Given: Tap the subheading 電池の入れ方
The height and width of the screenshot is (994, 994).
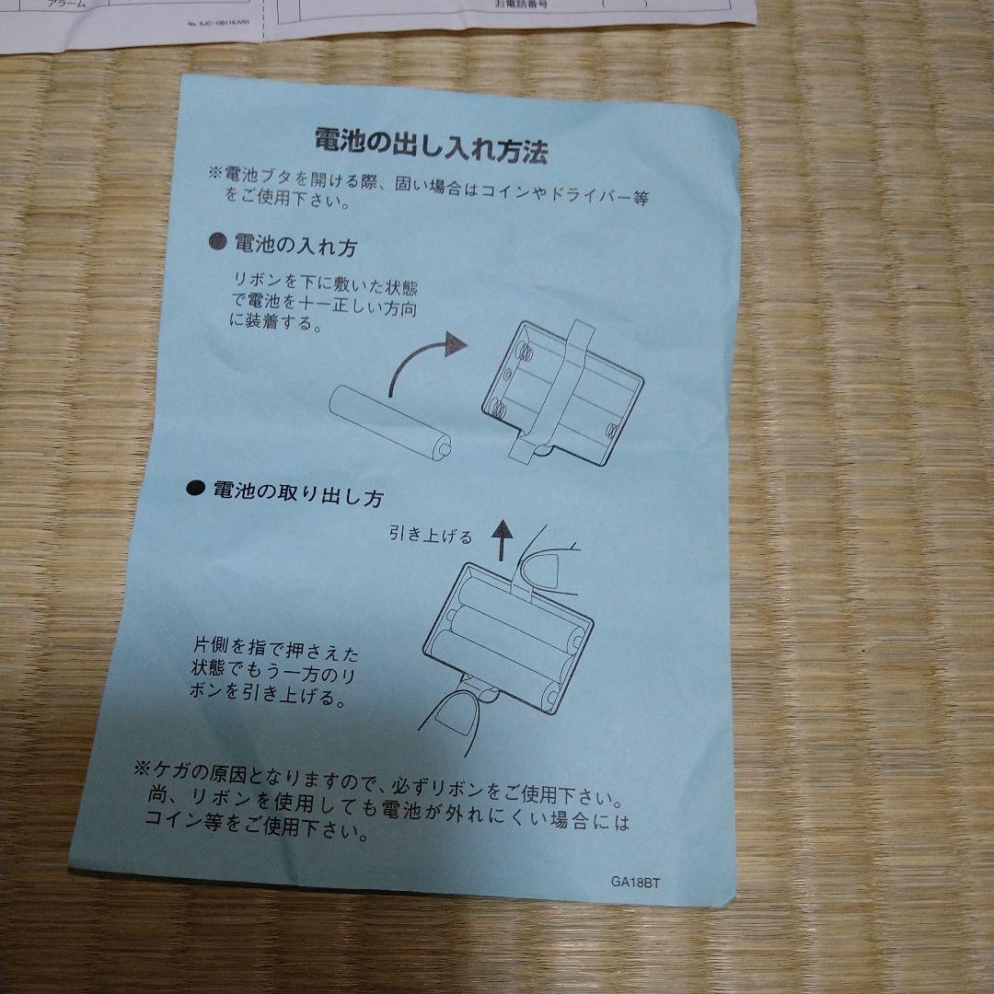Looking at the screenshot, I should [x=295, y=245].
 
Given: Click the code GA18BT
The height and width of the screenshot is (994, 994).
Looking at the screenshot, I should [x=636, y=880].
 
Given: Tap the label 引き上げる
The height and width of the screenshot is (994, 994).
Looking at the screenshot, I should [x=429, y=535].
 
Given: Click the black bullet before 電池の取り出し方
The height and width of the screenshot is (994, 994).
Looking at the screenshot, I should [x=195, y=489].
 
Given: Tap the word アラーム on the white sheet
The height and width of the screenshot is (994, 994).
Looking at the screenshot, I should [x=66, y=5].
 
